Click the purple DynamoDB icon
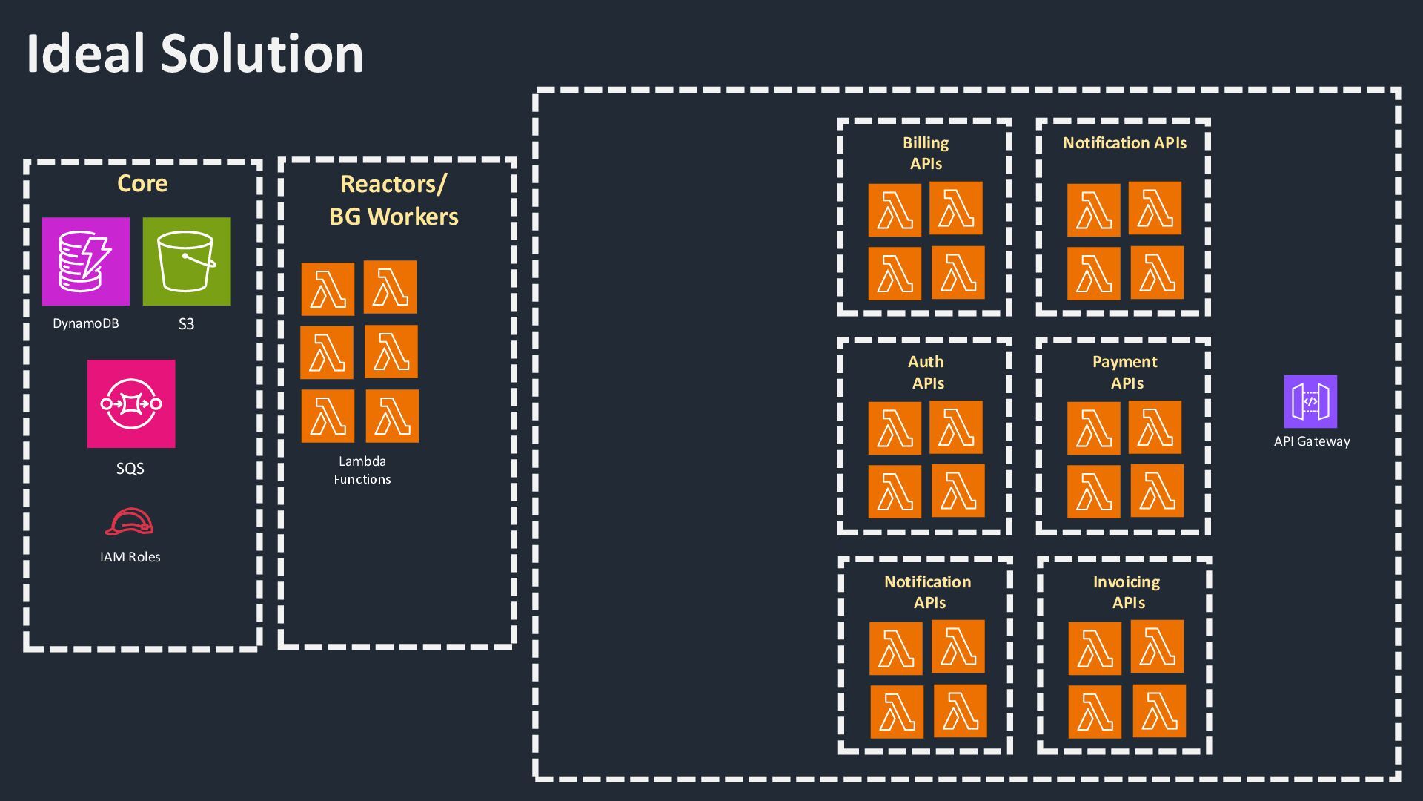pyautogui.click(x=85, y=261)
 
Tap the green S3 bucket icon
pyautogui.click(x=187, y=261)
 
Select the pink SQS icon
pyautogui.click(x=131, y=403)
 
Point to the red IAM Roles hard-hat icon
pyautogui.click(x=129, y=522)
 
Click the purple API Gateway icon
pyautogui.click(x=1310, y=401)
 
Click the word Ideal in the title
pyautogui.click(x=85, y=53)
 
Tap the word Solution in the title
pyautogui.click(x=262, y=53)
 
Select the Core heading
pyautogui.click(x=142, y=183)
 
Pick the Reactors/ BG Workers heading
pyautogui.click(x=394, y=200)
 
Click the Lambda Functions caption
pyautogui.click(x=362, y=470)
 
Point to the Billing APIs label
pyautogui.click(x=926, y=153)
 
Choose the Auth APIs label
pyautogui.click(x=926, y=372)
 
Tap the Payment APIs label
pyautogui.click(x=1125, y=372)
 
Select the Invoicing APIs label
pyautogui.click(x=1127, y=592)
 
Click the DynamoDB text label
pyautogui.click(x=85, y=323)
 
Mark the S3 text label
pyautogui.click(x=186, y=324)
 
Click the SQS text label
pyautogui.click(x=130, y=469)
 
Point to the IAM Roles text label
pyautogui.click(x=130, y=557)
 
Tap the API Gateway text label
pyautogui.click(x=1312, y=441)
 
